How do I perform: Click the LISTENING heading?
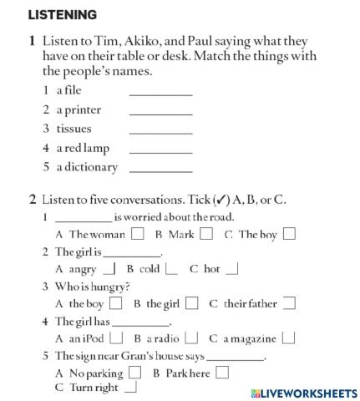click(63, 15)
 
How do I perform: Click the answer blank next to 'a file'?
click(160, 93)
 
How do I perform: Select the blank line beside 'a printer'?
click(160, 112)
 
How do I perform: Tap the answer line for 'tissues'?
click(160, 131)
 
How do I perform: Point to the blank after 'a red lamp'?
click(160, 150)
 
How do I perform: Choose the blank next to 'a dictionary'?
click(160, 170)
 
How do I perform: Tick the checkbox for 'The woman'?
click(137, 234)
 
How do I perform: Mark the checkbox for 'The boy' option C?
click(289, 234)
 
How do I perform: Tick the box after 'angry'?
click(109, 269)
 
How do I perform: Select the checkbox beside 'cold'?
click(171, 269)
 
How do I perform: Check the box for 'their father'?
click(289, 304)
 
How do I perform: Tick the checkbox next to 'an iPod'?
click(117, 338)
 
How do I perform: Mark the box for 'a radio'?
click(191, 338)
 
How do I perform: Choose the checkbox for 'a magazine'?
click(288, 338)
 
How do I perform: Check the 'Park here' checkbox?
click(221, 373)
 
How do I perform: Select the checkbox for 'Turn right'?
click(131, 388)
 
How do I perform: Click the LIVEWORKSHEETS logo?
click(303, 392)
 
